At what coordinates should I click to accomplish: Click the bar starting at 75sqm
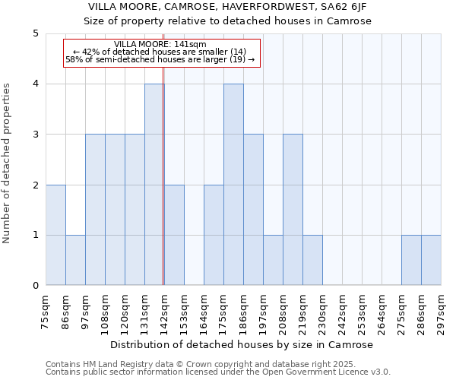click(x=55, y=235)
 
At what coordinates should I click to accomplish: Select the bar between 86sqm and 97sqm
click(x=75, y=260)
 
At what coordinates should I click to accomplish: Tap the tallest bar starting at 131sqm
click(x=154, y=185)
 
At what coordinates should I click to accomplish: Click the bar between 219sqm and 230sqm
click(x=312, y=260)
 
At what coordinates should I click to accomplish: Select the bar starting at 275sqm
click(x=411, y=260)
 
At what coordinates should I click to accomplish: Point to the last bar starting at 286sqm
click(x=431, y=260)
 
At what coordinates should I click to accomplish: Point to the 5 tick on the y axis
click(x=35, y=33)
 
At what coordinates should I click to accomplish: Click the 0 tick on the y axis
click(x=35, y=286)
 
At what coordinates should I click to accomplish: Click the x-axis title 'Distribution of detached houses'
click(x=243, y=344)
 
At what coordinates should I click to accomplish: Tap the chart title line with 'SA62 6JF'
click(x=227, y=6)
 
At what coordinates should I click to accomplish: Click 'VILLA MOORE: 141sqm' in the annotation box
click(x=160, y=44)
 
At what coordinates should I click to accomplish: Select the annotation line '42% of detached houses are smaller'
click(x=160, y=52)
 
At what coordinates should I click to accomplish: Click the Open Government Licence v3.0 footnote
click(x=218, y=372)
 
